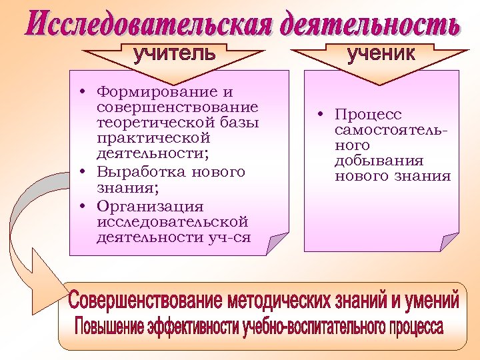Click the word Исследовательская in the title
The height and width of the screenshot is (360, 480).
pos(149,25)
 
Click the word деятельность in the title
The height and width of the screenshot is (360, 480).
pos(369,25)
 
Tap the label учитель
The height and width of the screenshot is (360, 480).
pos(175,53)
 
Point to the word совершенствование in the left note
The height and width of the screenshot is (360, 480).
pos(177,107)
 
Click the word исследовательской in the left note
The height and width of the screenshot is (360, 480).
pos(172,221)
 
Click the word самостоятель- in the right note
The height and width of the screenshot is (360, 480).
pos(391,130)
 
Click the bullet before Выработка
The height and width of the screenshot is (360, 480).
pos(80,172)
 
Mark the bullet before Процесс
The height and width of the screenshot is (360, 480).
pos(321,115)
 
